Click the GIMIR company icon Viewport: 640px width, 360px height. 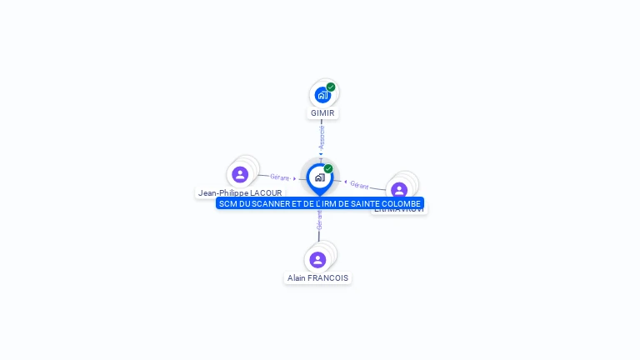coord(322,95)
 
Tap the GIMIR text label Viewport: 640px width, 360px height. coord(322,112)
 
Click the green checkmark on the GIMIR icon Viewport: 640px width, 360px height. coord(331,87)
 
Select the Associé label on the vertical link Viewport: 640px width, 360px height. coord(322,137)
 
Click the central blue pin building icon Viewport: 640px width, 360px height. coord(319,177)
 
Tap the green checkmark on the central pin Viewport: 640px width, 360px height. coord(328,169)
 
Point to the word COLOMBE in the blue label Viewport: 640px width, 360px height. coord(397,203)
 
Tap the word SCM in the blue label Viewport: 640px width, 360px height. coord(227,203)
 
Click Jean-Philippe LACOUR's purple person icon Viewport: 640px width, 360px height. coord(240,174)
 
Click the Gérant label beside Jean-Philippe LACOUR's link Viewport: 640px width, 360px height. coord(279,177)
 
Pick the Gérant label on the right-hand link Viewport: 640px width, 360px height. coord(359,184)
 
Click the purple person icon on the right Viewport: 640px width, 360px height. coord(399,190)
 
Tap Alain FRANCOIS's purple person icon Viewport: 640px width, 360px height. coord(317,259)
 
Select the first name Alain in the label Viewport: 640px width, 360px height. coord(296,277)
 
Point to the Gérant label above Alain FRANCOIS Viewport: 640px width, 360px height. coord(318,222)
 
